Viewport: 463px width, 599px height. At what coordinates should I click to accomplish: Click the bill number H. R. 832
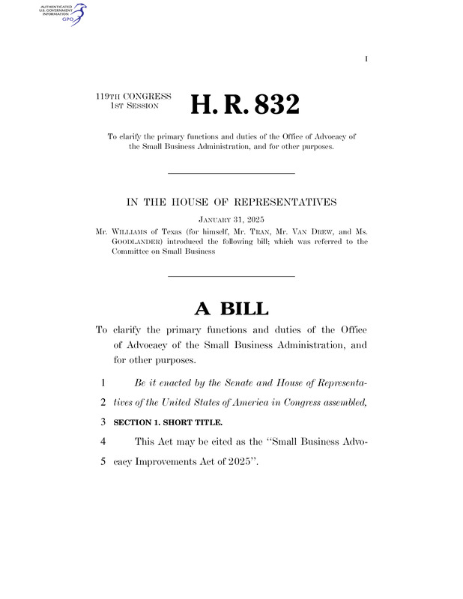(245, 104)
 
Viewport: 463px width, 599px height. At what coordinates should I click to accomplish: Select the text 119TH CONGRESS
(134, 97)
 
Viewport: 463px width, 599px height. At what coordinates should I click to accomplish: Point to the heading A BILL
(231, 308)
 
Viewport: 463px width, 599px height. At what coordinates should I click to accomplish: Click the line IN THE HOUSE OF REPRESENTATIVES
(231, 202)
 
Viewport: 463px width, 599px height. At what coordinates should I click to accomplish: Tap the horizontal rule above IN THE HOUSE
(231, 174)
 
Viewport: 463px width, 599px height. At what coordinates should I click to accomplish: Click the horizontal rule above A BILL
(231, 277)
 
